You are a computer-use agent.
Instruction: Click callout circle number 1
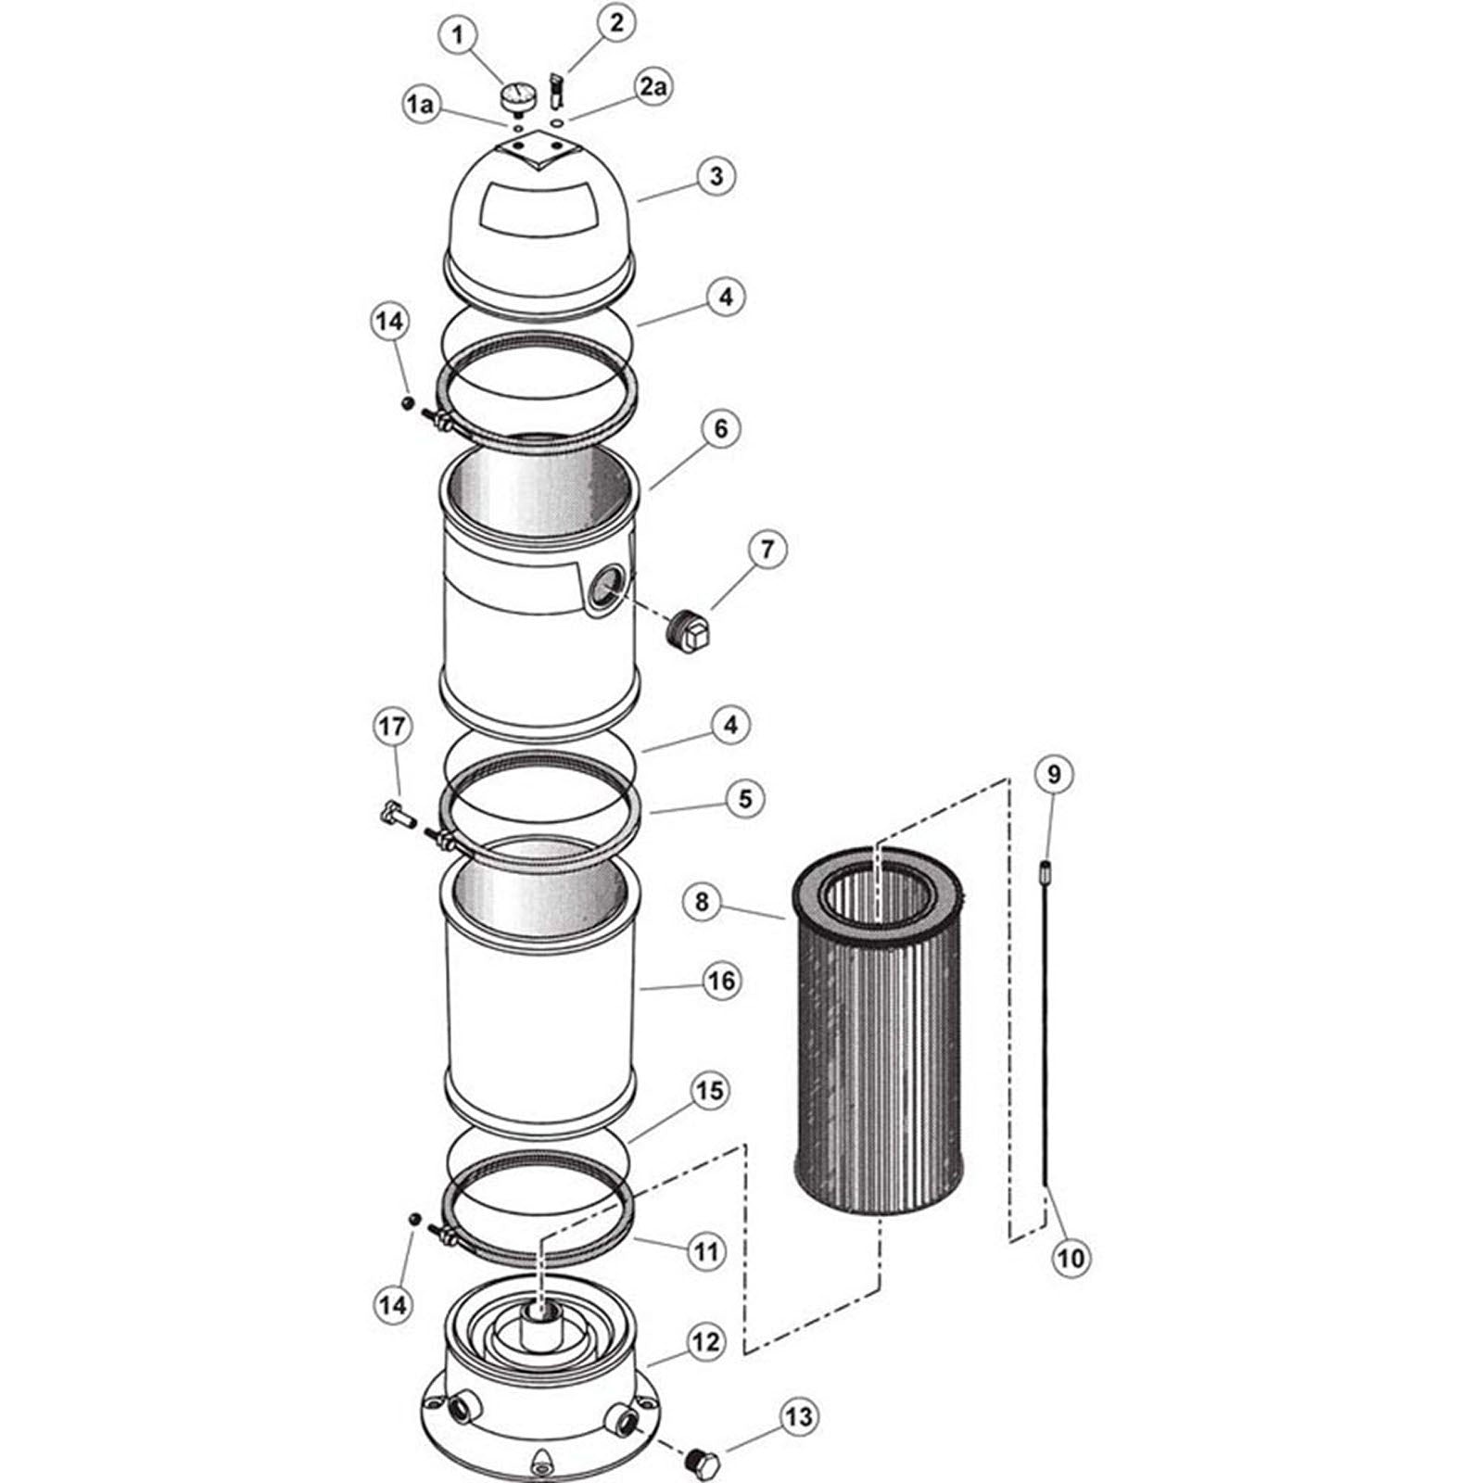(x=457, y=37)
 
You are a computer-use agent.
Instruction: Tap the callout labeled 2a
(x=651, y=88)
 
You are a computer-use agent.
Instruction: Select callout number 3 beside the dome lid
(x=716, y=176)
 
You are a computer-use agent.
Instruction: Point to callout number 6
(x=721, y=429)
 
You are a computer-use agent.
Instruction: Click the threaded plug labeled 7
(x=690, y=633)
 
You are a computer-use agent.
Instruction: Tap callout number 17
(x=392, y=727)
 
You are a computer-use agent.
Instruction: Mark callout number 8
(x=702, y=902)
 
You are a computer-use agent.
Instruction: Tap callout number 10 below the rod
(x=1070, y=1258)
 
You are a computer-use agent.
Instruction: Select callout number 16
(x=722, y=981)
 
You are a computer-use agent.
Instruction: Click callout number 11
(x=706, y=1252)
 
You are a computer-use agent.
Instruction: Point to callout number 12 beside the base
(x=706, y=1342)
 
